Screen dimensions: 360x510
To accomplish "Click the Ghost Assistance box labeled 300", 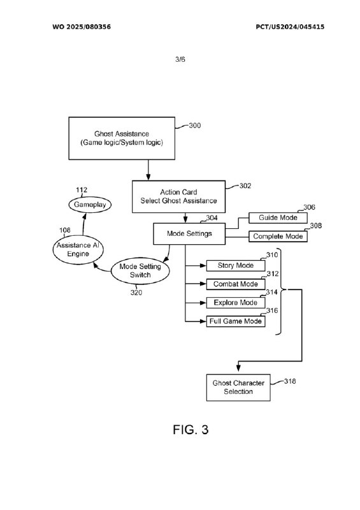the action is tap(122, 138).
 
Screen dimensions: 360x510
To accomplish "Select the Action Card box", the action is tap(178, 196).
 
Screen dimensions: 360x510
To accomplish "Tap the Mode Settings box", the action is tap(189, 233).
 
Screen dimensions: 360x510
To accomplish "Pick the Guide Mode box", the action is tap(278, 217).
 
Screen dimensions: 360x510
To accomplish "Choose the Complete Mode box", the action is tap(278, 237).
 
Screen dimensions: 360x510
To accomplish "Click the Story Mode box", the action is tap(236, 265).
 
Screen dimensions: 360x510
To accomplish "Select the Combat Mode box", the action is tap(236, 284).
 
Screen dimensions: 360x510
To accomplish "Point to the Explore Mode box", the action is tap(236, 302).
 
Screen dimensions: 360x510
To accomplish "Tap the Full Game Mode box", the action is tap(236, 321).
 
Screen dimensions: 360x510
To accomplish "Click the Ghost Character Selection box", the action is tap(238, 388).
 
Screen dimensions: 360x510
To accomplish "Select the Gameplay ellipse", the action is tap(90, 205).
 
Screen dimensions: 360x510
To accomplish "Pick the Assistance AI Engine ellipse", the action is tap(78, 249).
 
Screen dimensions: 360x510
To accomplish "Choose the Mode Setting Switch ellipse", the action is tap(140, 270).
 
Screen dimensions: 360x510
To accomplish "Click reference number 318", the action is tap(290, 381).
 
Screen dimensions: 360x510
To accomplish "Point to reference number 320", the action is tap(136, 293).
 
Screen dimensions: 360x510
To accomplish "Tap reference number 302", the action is tap(245, 186).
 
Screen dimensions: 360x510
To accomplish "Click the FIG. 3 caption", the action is tap(191, 430).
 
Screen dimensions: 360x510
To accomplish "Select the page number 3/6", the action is tap(180, 59).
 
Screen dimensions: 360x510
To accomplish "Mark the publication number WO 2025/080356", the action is tap(82, 27).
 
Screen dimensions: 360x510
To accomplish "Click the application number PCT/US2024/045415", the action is tap(290, 27).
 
